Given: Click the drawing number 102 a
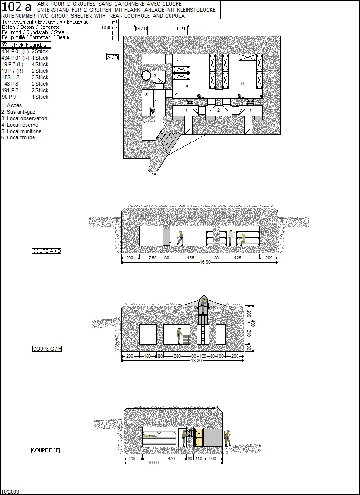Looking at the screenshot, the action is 17,7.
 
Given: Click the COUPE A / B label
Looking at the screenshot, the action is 47,251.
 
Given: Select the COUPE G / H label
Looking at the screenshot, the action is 47,349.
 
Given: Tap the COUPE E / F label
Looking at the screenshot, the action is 46,450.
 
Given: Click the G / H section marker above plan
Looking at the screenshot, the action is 142,28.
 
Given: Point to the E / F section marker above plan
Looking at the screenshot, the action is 182,28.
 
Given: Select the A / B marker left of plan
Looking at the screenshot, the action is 112,57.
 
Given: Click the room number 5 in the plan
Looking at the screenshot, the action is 147,95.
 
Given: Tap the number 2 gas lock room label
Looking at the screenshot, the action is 218,110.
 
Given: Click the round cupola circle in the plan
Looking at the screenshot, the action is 146,75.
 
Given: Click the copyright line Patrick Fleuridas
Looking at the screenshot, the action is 24,45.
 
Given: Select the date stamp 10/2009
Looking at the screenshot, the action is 10,492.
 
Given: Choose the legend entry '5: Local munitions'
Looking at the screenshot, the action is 21,131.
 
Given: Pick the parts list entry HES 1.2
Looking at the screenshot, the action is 10,77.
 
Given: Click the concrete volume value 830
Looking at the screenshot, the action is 106,27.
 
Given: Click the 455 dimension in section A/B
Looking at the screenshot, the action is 190,258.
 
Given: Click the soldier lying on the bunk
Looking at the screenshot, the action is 149,436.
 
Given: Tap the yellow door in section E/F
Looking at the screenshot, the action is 199,437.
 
